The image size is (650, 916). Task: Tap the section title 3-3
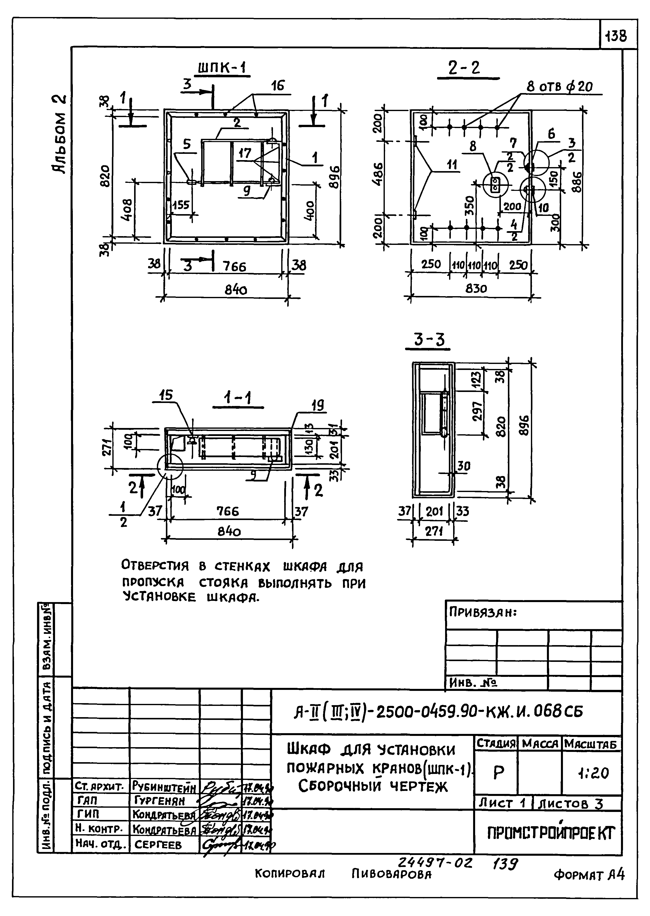429,340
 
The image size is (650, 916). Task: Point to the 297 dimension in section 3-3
478,411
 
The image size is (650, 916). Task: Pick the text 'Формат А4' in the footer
589,875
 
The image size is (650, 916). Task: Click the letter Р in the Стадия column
498,773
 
